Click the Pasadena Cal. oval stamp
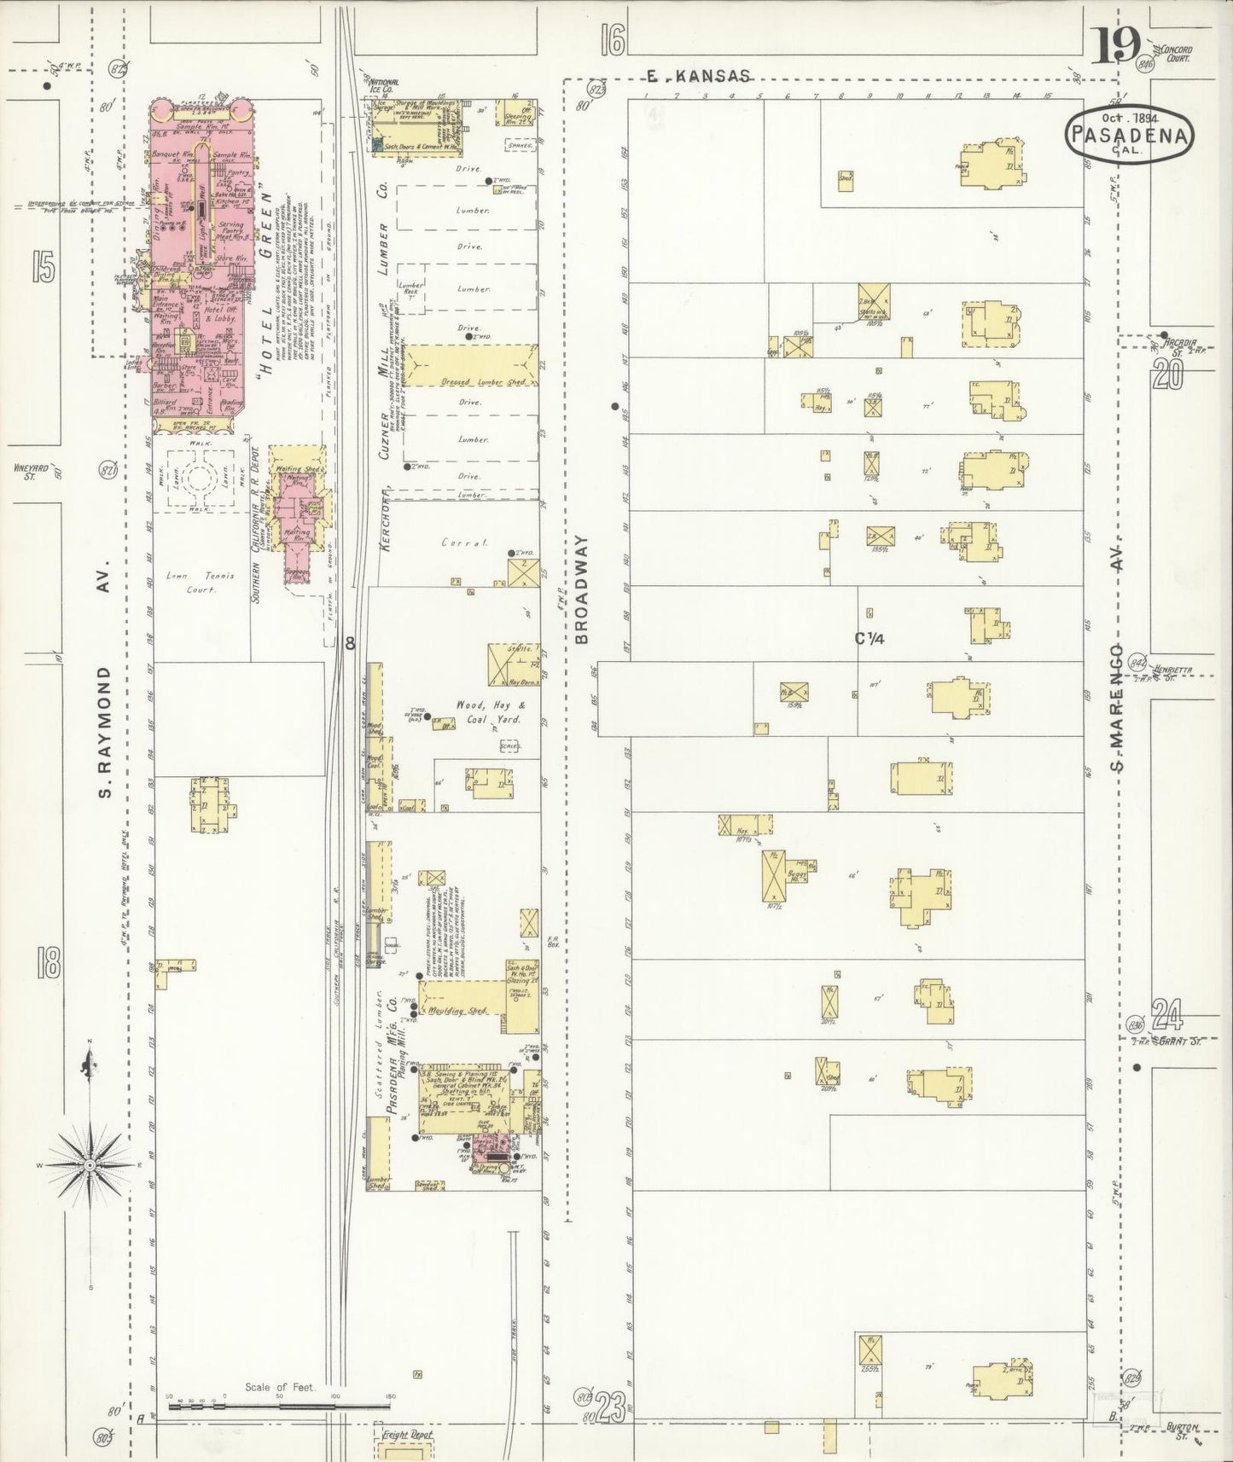pyautogui.click(x=1130, y=131)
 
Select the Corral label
pyautogui.click(x=463, y=542)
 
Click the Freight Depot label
pyautogui.click(x=408, y=1435)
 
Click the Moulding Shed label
pyautogui.click(x=466, y=1010)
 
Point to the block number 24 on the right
pyautogui.click(x=1167, y=1014)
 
